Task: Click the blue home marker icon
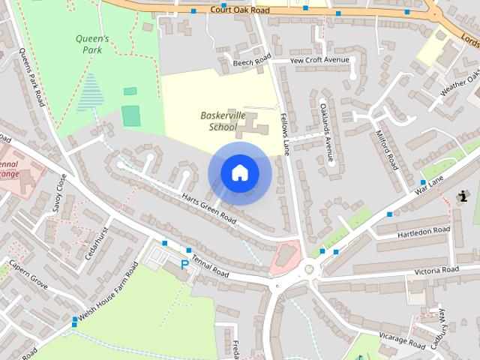[x=239, y=173]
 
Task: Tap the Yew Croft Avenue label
[x=320, y=59]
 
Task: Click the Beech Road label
[x=251, y=62]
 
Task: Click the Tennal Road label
[x=210, y=263]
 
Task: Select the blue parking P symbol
[x=184, y=265]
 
